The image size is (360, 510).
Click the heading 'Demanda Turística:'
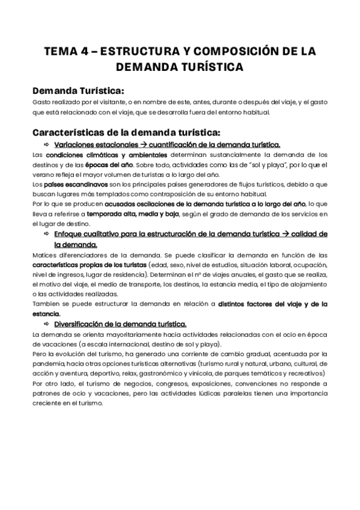(x=78, y=91)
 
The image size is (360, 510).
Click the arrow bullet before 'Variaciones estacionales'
(x=46, y=145)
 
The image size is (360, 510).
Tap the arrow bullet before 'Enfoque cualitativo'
(x=46, y=234)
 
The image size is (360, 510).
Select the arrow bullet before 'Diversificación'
(x=46, y=323)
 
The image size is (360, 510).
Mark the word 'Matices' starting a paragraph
(x=45, y=254)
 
